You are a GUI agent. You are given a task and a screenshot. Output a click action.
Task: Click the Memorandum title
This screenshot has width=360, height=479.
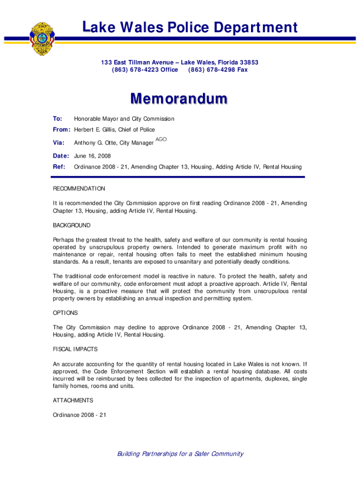click(179, 99)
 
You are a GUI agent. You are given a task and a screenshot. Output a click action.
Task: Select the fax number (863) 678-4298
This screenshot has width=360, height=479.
click(212, 70)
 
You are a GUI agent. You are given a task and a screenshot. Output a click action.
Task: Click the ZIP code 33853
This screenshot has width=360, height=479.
click(248, 62)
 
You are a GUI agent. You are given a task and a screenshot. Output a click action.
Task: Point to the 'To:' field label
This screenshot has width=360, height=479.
click(58, 119)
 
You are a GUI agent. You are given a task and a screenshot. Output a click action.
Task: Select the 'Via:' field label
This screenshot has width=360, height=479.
click(58, 143)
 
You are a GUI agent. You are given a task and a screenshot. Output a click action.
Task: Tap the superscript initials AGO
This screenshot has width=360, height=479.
click(161, 139)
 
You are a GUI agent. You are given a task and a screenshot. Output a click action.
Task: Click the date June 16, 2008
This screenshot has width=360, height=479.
click(93, 156)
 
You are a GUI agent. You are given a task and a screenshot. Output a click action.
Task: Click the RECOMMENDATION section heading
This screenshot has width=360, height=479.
click(79, 189)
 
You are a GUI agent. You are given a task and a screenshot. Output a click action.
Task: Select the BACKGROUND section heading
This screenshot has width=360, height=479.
click(72, 225)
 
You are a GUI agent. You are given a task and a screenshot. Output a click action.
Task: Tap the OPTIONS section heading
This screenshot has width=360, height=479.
click(65, 312)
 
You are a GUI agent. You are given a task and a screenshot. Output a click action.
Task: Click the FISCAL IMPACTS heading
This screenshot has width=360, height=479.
click(75, 349)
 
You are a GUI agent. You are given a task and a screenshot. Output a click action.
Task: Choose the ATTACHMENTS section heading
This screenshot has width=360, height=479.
click(73, 400)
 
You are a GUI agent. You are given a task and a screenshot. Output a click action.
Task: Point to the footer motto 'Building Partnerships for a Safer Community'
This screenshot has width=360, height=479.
click(180, 454)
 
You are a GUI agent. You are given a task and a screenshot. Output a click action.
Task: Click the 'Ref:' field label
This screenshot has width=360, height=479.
click(58, 167)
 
